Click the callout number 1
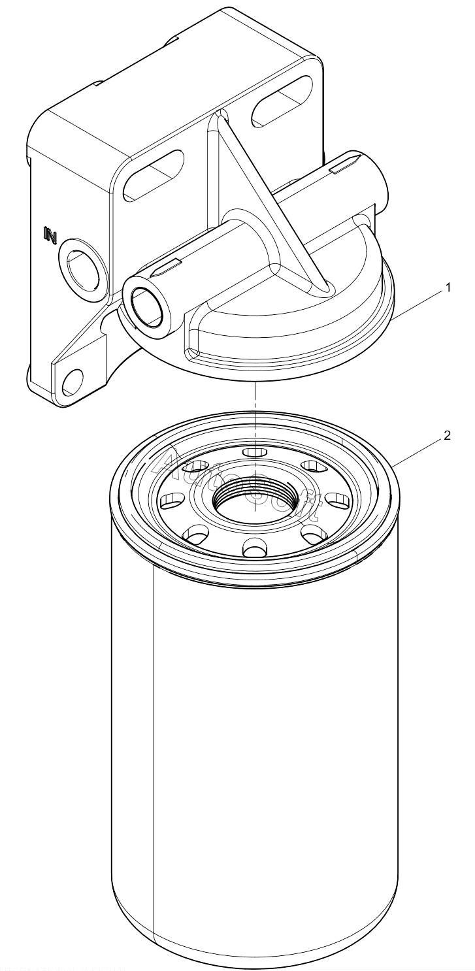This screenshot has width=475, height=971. click(x=448, y=287)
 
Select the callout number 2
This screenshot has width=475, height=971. click(x=448, y=436)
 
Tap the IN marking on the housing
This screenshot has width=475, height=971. click(x=50, y=233)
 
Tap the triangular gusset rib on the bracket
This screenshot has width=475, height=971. click(x=274, y=196)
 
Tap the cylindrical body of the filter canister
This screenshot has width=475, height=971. click(x=255, y=751)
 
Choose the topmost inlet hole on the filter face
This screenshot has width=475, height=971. click(x=252, y=452)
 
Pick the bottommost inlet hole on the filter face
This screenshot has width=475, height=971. click(x=252, y=546)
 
